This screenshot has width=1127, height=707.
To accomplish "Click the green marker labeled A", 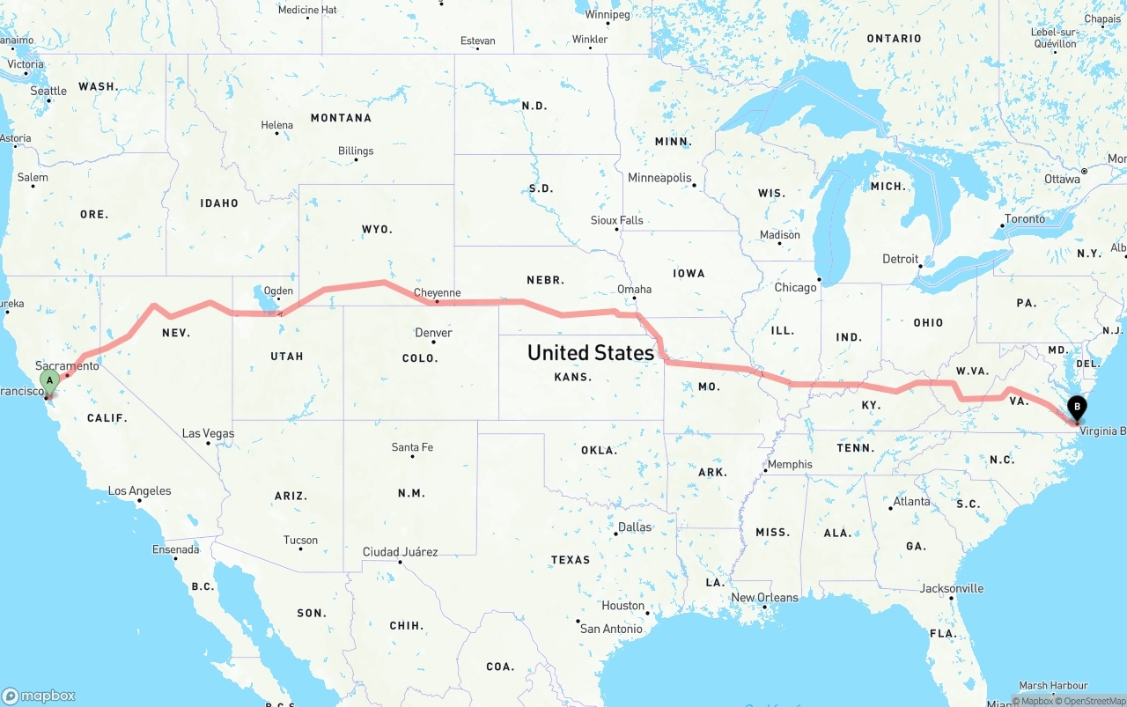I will point(49,382).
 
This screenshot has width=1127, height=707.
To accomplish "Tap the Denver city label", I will point(433,333).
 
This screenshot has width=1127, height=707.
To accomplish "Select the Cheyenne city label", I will point(437,293).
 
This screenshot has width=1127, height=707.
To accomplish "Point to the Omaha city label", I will point(634,289).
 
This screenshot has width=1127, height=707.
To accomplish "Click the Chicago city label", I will point(795,288).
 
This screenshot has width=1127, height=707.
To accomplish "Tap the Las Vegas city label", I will point(208,433).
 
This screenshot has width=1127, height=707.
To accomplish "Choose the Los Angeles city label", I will point(139,491).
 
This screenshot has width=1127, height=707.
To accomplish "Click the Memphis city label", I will point(790,465).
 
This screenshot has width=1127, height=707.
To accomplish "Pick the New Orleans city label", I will point(764,598).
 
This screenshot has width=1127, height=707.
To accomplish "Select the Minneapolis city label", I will point(659,178).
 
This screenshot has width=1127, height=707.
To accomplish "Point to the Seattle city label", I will point(48,91).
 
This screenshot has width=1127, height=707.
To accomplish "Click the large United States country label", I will point(590,353).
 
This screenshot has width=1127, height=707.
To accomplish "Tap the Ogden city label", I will point(278,291).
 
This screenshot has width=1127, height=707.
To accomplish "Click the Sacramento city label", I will point(67,365).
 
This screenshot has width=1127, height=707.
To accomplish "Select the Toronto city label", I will point(1025,219).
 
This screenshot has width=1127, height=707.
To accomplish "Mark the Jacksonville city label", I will point(952,589).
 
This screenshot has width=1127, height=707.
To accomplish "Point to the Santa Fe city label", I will point(412,447).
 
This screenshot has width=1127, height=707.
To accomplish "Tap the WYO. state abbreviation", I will point(377,229).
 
